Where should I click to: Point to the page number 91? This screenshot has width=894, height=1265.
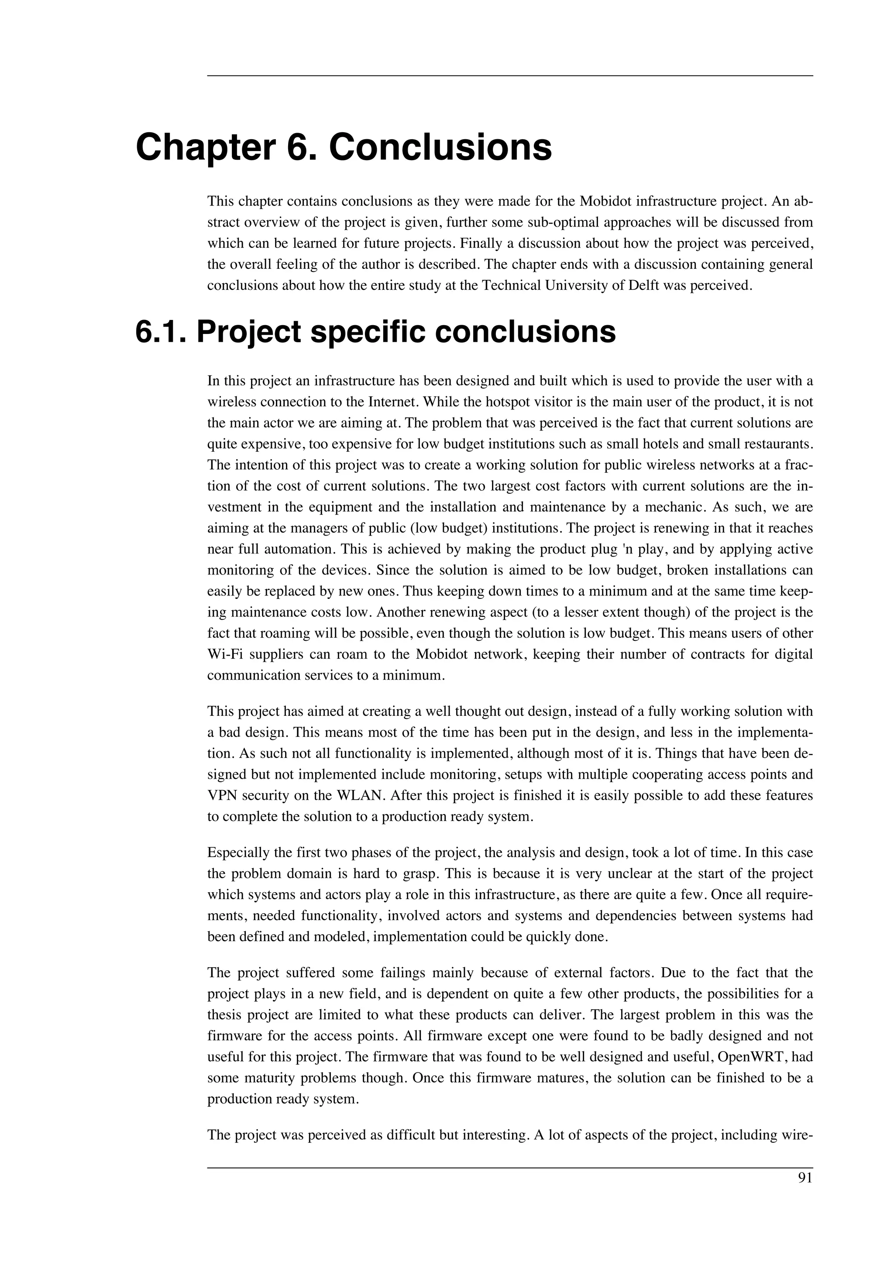(805, 1178)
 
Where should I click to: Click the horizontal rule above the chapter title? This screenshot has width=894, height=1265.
(509, 76)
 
